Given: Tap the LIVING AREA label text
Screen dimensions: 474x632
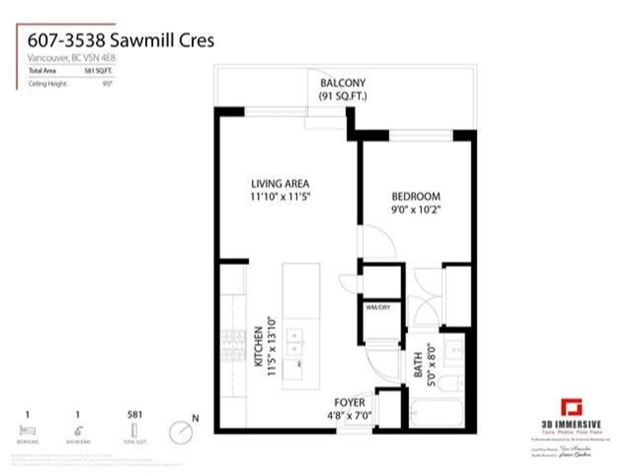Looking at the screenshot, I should pyautogui.click(x=280, y=184).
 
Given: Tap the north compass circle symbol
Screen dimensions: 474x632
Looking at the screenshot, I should pyautogui.click(x=181, y=432).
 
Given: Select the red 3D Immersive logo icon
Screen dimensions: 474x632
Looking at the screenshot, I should pyautogui.click(x=571, y=407).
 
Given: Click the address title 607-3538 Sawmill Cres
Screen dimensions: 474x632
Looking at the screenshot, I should pyautogui.click(x=121, y=41).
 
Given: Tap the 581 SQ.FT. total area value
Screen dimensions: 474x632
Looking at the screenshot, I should pyautogui.click(x=98, y=71).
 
